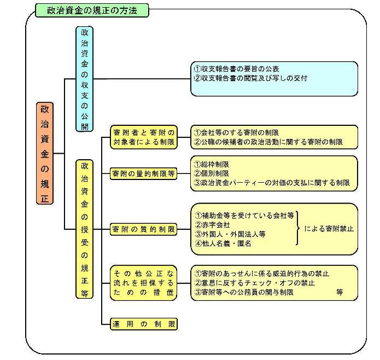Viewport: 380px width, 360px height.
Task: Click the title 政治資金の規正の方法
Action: (x=92, y=10)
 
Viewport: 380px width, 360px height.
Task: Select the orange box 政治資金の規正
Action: (x=45, y=153)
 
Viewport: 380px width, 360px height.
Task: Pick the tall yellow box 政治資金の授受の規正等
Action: (x=84, y=228)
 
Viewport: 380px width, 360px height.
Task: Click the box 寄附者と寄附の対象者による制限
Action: (x=144, y=137)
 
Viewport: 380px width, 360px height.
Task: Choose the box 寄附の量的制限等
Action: (x=144, y=173)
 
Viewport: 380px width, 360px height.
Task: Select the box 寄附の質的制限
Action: (x=144, y=229)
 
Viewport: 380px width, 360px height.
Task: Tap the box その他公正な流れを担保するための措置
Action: (x=144, y=282)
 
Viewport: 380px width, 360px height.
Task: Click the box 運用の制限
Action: (x=144, y=323)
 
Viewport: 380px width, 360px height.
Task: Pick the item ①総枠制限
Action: (x=212, y=164)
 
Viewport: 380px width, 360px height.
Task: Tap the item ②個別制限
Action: (x=212, y=173)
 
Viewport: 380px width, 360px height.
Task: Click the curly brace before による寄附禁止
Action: (x=299, y=229)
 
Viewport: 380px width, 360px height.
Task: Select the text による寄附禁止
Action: (x=329, y=229)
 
